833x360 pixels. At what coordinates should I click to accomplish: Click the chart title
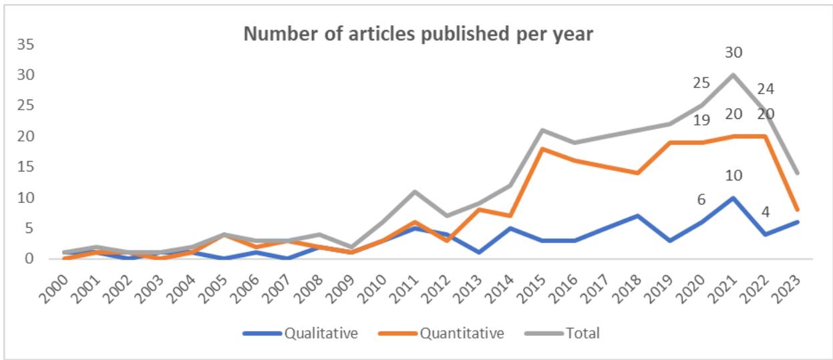coord(418,34)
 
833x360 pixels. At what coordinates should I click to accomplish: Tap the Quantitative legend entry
coord(462,333)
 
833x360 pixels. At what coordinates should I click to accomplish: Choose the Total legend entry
coord(584,333)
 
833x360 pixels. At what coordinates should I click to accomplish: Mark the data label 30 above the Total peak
coord(733,52)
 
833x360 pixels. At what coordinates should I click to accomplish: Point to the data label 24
coord(766,89)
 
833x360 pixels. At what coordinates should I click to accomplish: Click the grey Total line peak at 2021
coord(733,74)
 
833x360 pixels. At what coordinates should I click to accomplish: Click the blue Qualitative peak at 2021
coord(733,197)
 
